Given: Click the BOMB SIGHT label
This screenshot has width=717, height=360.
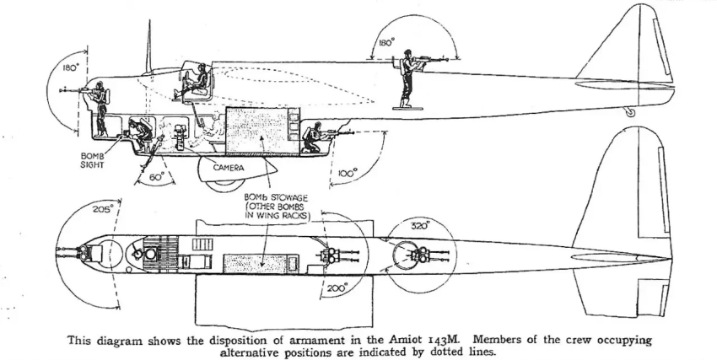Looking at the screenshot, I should [x=94, y=160].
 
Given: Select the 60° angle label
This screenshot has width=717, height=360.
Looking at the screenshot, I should [x=157, y=178].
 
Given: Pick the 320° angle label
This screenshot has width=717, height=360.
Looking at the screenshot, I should [x=420, y=226].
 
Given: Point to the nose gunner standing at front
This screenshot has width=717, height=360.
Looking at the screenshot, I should [x=100, y=108].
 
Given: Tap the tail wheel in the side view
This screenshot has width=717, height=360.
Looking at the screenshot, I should [x=628, y=110].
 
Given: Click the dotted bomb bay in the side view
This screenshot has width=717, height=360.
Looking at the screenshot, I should [x=261, y=130].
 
